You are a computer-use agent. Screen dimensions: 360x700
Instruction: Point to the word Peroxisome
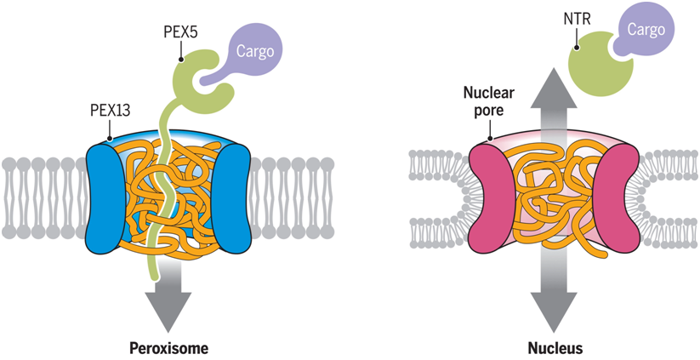point(168,347)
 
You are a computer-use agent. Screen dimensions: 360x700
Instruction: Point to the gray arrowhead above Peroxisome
point(167,311)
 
